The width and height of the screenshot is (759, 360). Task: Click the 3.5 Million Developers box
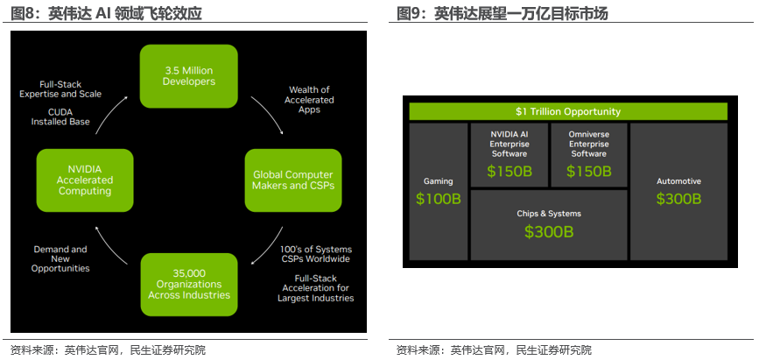tap(189, 76)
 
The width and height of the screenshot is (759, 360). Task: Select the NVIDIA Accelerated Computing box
tap(85, 180)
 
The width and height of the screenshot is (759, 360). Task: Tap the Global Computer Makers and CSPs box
tap(293, 180)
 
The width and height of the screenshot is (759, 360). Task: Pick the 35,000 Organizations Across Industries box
tap(189, 285)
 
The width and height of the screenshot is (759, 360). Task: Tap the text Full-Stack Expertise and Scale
tap(60, 89)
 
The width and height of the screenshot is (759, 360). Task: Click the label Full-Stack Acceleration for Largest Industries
tap(316, 288)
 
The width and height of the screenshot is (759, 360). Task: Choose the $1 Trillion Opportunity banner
tap(568, 111)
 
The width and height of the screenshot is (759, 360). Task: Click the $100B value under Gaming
tap(439, 199)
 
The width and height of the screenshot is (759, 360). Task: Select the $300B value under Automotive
tap(678, 199)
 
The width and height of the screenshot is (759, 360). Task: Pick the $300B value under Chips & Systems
tap(549, 231)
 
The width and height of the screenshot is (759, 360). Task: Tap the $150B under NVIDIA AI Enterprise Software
tap(510, 171)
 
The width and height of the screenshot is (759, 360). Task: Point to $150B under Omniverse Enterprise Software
tap(589, 171)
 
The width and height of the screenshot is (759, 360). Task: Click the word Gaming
tap(439, 181)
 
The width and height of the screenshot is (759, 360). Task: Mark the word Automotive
tap(678, 181)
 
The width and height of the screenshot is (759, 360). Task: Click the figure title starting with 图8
tap(106, 13)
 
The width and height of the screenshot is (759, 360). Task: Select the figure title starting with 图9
tap(502, 13)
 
